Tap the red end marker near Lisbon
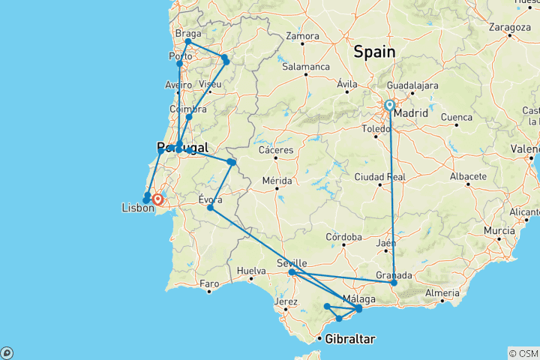(157, 199)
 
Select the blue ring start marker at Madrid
(390, 106)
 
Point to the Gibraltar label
(349, 340)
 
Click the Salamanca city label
(305, 67)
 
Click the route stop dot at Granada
(394, 283)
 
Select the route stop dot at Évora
(210, 208)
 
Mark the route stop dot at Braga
(187, 41)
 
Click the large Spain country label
(374, 52)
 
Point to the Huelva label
(251, 270)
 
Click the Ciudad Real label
(385, 177)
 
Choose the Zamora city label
(302, 35)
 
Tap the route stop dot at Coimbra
(189, 117)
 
